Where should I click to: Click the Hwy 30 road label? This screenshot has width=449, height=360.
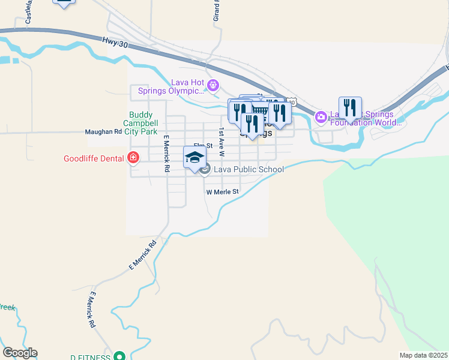pos(115,41)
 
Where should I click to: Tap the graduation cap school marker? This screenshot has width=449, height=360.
pos(194,158)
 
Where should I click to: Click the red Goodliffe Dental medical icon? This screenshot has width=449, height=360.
pos(133,158)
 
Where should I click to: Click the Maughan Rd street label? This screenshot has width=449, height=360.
pos(103,131)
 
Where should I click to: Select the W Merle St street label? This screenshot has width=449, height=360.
pos(223,192)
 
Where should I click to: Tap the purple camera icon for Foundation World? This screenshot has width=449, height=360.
pos(321,116)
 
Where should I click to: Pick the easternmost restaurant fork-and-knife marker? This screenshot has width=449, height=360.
pos(350,108)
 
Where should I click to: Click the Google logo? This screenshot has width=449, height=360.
pos(20,353)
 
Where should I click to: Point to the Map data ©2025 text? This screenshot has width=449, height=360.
pos(423,355)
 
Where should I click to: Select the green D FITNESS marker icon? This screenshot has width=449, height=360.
pos(119,356)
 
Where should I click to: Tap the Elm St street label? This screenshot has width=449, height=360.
pos(203,146)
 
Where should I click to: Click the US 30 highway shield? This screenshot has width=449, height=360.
pos(291,102)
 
